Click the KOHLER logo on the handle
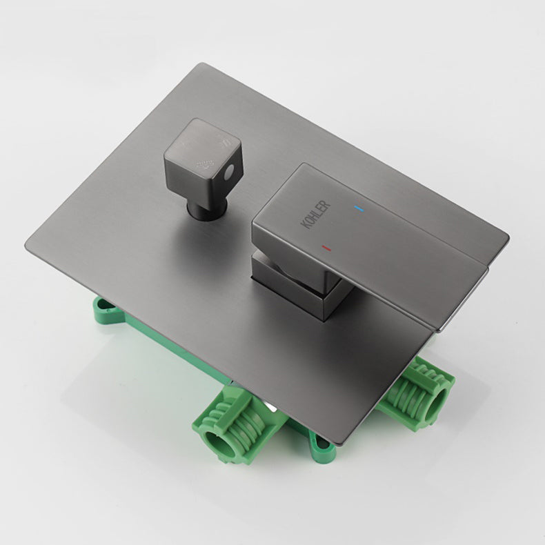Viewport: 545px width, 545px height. (316, 215)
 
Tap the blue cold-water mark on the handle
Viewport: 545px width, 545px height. (357, 207)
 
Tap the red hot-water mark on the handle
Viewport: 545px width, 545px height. (326, 247)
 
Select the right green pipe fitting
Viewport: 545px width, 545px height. (418, 393)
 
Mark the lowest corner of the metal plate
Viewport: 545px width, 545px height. (338, 444)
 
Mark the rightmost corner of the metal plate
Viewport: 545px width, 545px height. (508, 238)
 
